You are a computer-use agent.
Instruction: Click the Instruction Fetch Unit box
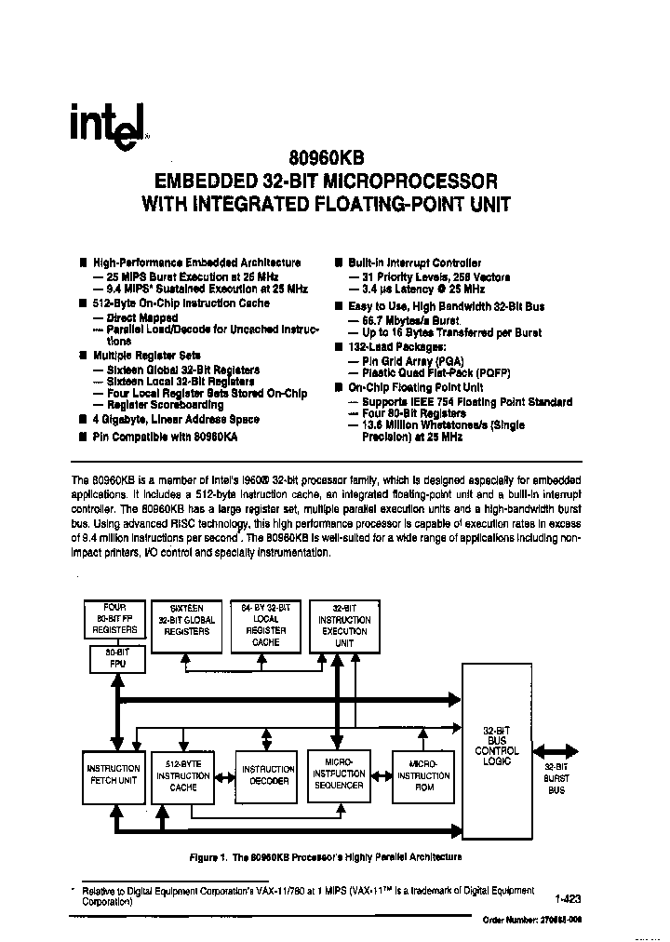tap(114, 774)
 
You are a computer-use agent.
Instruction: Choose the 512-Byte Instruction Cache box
tap(183, 774)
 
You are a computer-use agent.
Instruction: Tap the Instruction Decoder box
tap(268, 774)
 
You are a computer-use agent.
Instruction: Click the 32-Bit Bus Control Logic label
tap(496, 745)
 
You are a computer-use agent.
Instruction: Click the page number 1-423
tap(567, 899)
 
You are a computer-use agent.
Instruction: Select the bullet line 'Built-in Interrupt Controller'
tap(414, 263)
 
